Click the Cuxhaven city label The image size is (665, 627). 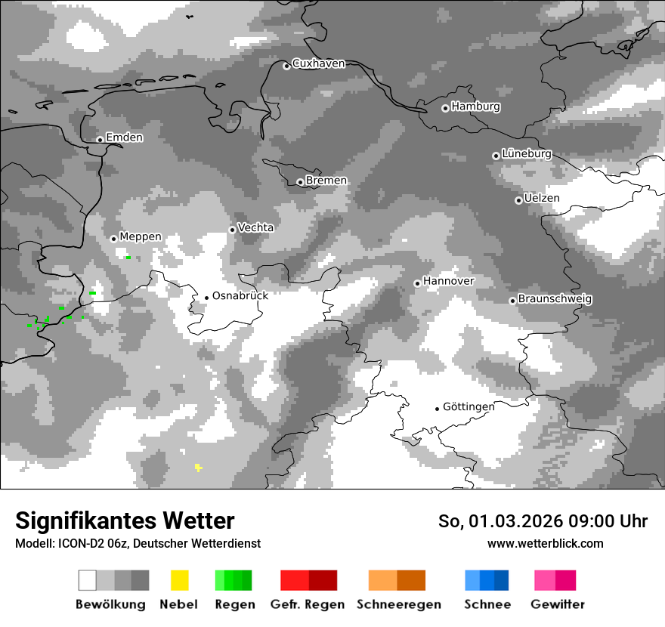pyautogui.click(x=318, y=63)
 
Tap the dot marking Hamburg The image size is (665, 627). pyautogui.click(x=445, y=108)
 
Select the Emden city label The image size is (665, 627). pyautogui.click(x=124, y=137)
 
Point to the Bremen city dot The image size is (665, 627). pyautogui.click(x=300, y=182)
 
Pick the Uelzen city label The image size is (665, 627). pyautogui.click(x=542, y=198)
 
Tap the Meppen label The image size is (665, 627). pyautogui.click(x=141, y=236)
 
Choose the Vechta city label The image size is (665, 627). pyautogui.click(x=256, y=227)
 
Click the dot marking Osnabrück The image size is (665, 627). pyautogui.click(x=206, y=298)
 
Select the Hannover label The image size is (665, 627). pyautogui.click(x=449, y=281)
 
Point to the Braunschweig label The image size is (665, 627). pyautogui.click(x=555, y=298)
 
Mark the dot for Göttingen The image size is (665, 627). pyautogui.click(x=437, y=409)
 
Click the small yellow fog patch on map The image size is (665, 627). pyautogui.click(x=198, y=468)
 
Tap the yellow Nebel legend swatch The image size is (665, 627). pyautogui.click(x=179, y=580)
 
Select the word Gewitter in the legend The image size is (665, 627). pyautogui.click(x=558, y=604)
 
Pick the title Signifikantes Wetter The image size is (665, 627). pyautogui.click(x=125, y=520)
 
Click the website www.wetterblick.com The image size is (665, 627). pyautogui.click(x=546, y=543)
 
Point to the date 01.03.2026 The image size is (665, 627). pyautogui.click(x=512, y=521)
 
